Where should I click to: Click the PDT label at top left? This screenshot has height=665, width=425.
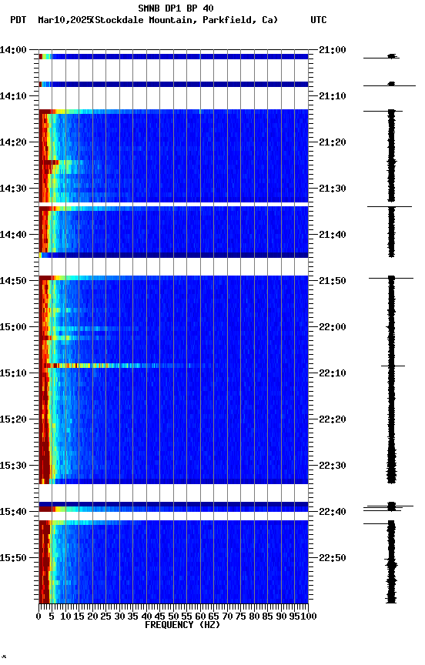[18, 20]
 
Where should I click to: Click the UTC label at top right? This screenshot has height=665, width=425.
[319, 20]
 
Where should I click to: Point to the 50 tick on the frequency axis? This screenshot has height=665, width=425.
[173, 616]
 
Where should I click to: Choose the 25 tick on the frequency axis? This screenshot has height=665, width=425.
[106, 616]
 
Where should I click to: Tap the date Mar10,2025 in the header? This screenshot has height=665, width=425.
[63, 20]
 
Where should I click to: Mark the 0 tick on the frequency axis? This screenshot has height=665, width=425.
[38, 616]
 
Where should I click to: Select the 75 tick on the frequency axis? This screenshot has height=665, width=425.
[241, 616]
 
